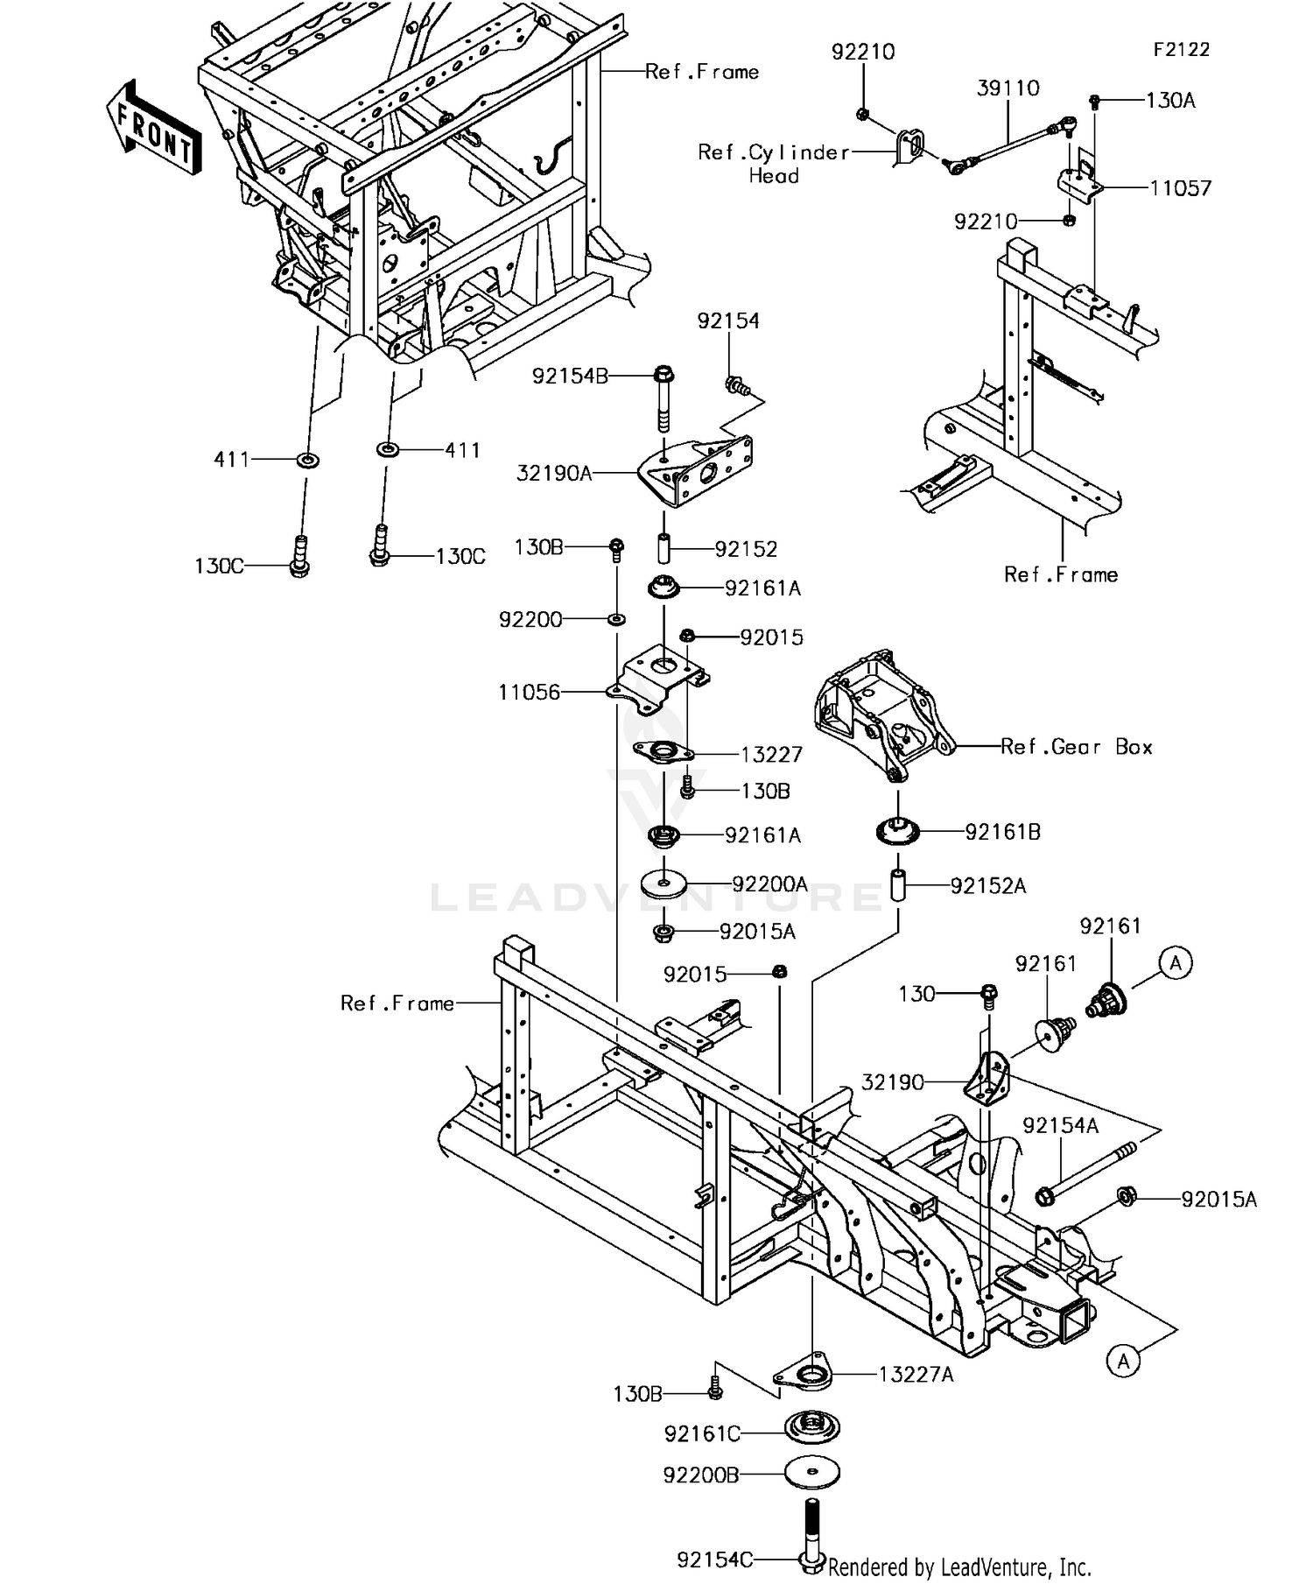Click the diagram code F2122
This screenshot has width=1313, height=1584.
pyautogui.click(x=1181, y=50)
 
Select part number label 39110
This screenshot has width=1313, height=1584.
pyautogui.click(x=1008, y=88)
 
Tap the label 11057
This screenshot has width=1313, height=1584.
pyautogui.click(x=1180, y=188)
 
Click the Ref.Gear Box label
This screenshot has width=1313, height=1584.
pyautogui.click(x=1076, y=747)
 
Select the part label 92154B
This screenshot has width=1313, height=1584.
pyautogui.click(x=570, y=377)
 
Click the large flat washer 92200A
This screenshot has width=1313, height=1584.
pyautogui.click(x=663, y=883)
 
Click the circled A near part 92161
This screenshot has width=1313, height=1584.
pyautogui.click(x=1176, y=963)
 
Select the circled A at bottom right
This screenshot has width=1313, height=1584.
pyautogui.click(x=1124, y=1361)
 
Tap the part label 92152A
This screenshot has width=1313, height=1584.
pyautogui.click(x=988, y=886)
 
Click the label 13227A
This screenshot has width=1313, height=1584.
pyautogui.click(x=916, y=1375)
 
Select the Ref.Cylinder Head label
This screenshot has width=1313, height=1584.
pyautogui.click(x=774, y=164)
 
